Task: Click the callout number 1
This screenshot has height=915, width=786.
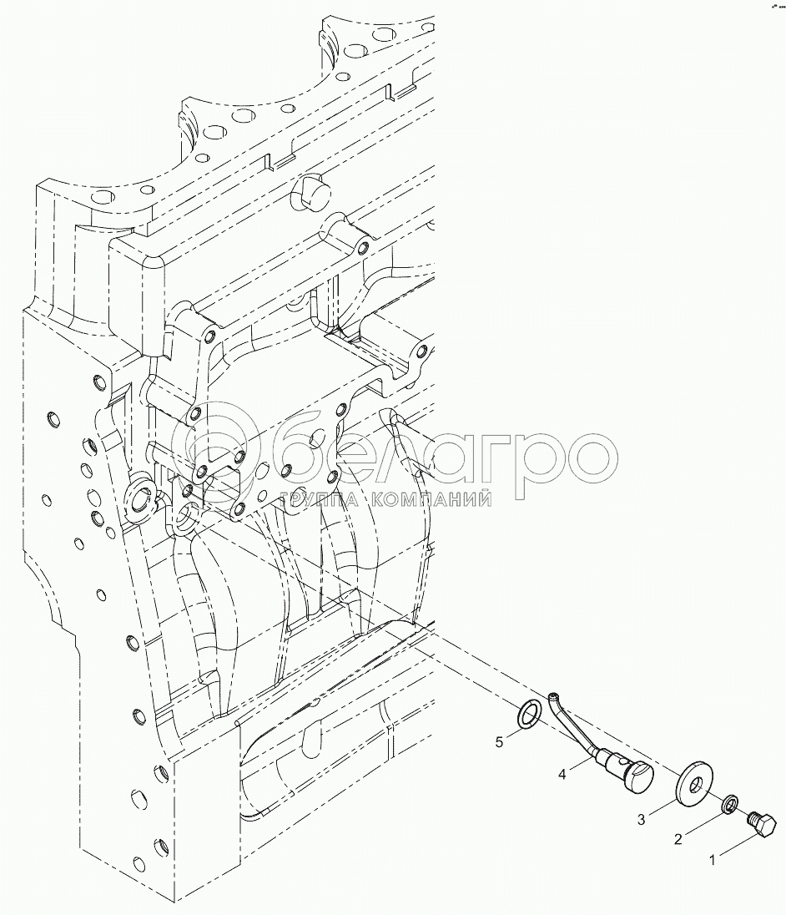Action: click(x=712, y=859)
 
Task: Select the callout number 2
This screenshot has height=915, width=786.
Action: click(x=678, y=839)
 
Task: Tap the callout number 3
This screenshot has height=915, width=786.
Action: click(x=641, y=821)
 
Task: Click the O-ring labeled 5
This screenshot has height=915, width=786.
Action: click(x=527, y=715)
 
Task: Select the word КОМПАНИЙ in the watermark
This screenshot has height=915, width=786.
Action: click(x=429, y=500)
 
